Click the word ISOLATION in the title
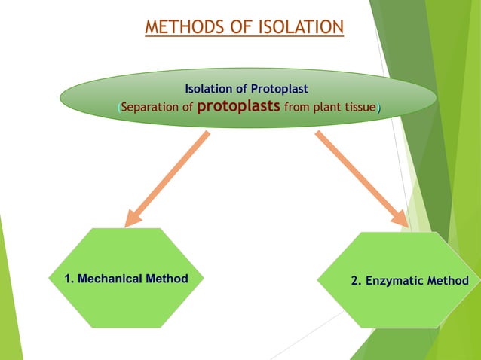[x=301, y=27]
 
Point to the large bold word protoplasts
[x=238, y=106]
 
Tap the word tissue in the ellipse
[x=357, y=108]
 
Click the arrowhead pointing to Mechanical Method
[x=133, y=218]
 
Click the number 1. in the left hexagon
[x=69, y=279]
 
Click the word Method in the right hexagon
[x=448, y=281]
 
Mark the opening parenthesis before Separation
[x=118, y=108]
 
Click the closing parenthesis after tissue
[x=378, y=108]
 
